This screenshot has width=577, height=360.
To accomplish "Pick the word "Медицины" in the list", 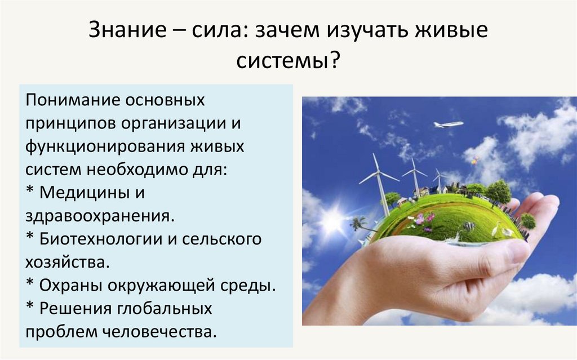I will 85,192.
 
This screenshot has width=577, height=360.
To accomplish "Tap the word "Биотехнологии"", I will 101,239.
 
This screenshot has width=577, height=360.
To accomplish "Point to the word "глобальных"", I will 165,308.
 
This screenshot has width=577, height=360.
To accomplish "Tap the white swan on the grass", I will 495,229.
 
